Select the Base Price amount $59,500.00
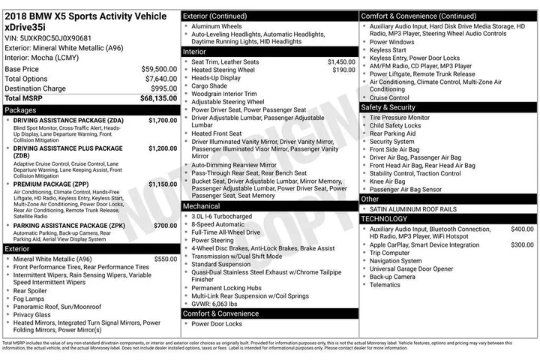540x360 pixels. (x=159, y=69)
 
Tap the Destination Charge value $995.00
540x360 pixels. (x=163, y=88)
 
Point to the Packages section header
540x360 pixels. (x=20, y=109)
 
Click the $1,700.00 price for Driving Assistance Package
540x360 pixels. (x=163, y=120)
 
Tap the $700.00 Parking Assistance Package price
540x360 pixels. (x=165, y=225)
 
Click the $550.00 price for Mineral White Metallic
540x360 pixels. (x=165, y=259)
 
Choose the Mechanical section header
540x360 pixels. (x=202, y=205)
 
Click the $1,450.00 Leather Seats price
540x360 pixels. (x=341, y=61)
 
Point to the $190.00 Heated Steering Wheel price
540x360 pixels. (x=343, y=70)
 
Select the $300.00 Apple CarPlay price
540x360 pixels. (x=522, y=244)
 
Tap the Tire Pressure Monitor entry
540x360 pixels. (x=400, y=117)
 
